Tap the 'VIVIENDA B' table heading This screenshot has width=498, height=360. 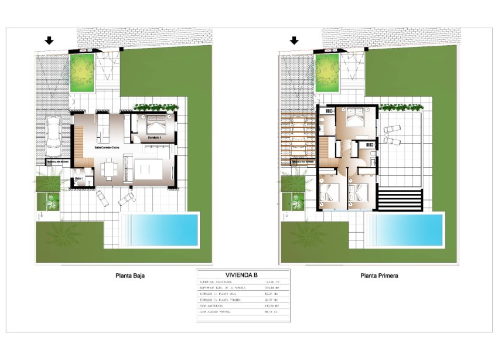coord(243,274)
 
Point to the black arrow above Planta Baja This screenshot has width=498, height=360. coord(49,40)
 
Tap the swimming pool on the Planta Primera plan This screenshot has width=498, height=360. coord(408,230)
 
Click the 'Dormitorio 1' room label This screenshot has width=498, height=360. coord(155,137)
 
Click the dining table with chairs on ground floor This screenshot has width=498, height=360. coord(108,172)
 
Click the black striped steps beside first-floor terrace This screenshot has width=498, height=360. coord(400,199)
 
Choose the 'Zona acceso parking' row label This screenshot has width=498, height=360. coord(217,312)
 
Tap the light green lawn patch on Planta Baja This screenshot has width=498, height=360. coord(83,72)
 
